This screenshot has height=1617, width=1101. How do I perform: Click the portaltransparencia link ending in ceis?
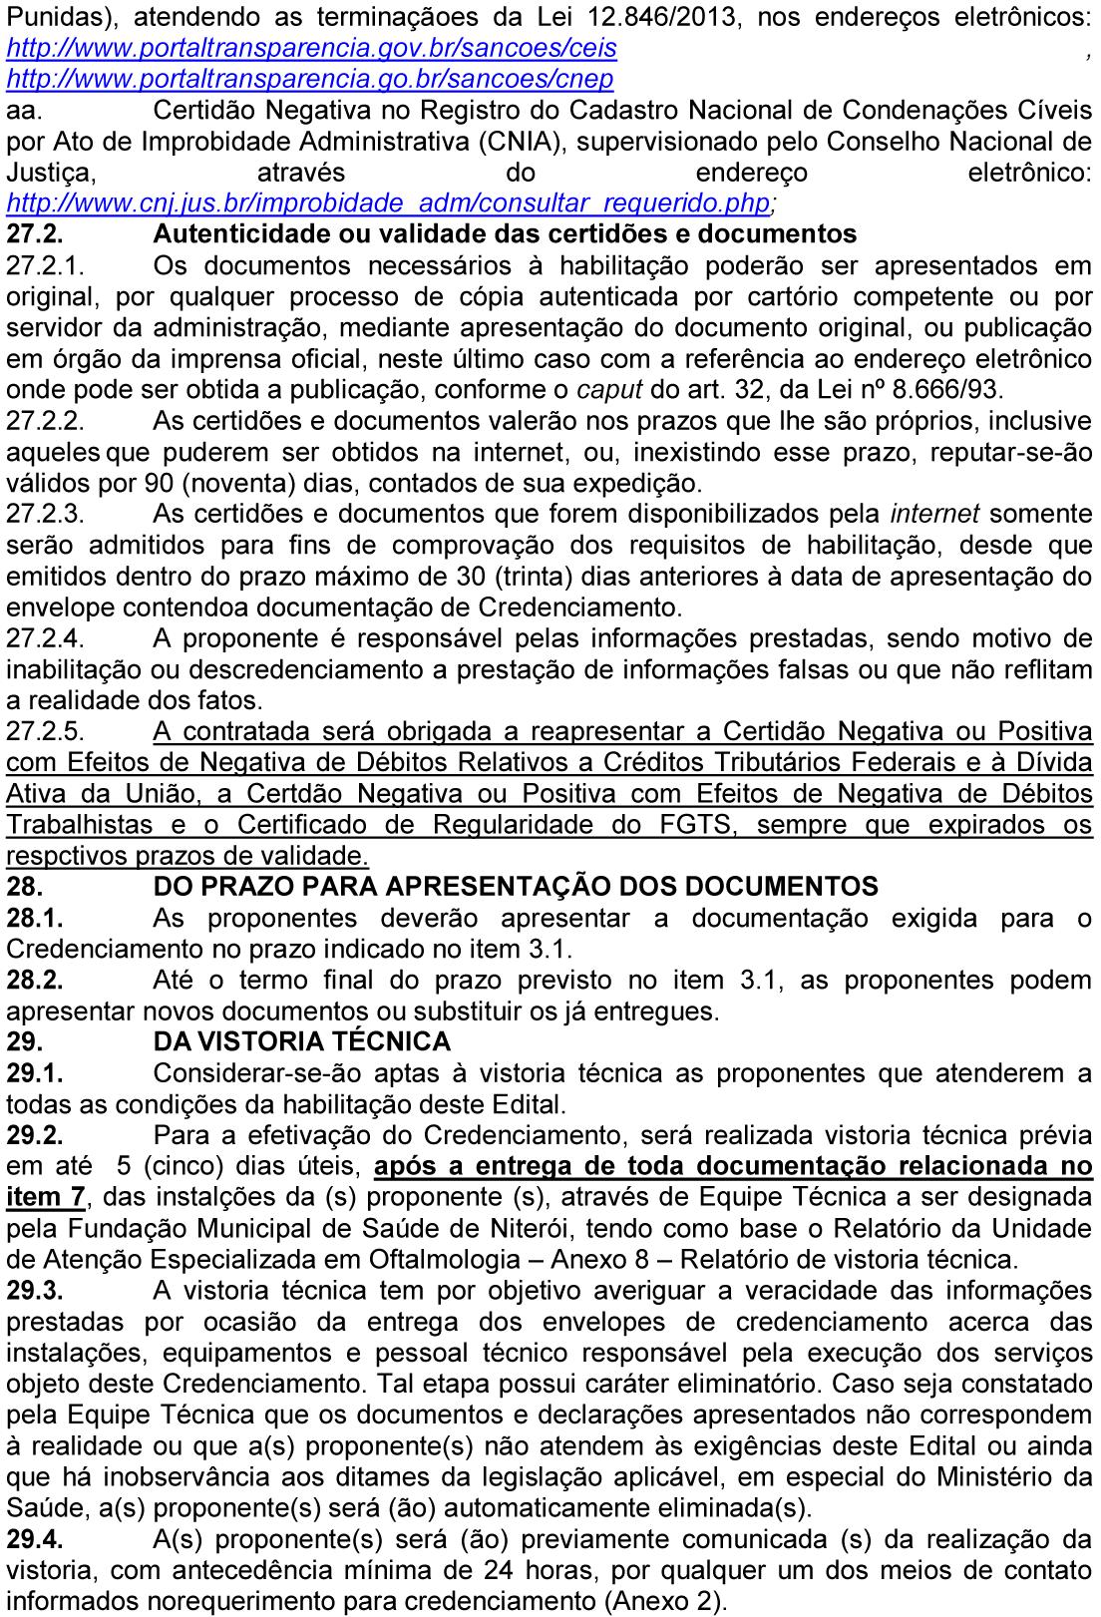311,48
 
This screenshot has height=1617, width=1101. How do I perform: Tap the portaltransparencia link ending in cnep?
309,78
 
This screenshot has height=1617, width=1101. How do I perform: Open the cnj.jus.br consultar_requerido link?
387,202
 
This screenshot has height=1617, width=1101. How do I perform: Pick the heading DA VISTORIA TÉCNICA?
302,1041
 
